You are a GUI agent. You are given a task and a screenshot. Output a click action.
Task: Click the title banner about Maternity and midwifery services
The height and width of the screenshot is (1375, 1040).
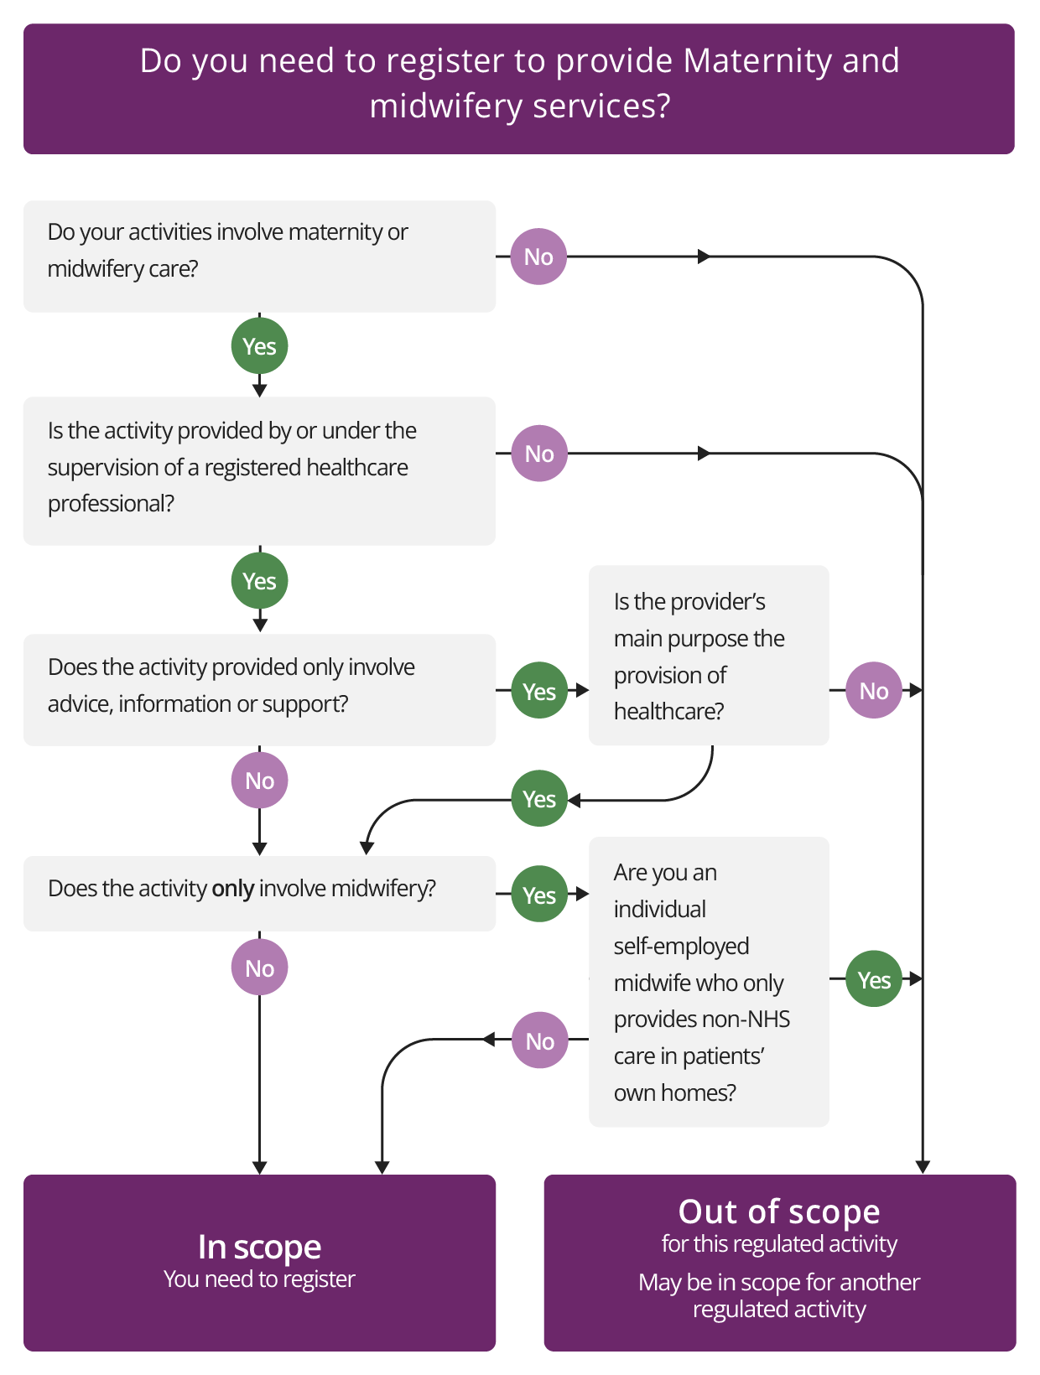[x=519, y=88]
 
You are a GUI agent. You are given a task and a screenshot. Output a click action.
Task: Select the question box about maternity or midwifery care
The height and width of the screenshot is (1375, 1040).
[x=259, y=256]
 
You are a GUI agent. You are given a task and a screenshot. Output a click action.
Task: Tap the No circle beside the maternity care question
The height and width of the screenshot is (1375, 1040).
[x=538, y=257]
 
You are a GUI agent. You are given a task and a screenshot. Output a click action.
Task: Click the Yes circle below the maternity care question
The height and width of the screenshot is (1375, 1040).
[x=259, y=345]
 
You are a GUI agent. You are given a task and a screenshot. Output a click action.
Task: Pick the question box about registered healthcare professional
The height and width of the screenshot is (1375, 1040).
[x=259, y=470]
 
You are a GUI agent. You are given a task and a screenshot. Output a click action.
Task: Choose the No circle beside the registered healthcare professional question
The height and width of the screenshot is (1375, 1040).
[x=539, y=454]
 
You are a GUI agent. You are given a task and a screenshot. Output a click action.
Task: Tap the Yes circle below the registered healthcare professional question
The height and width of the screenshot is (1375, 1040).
[x=259, y=580]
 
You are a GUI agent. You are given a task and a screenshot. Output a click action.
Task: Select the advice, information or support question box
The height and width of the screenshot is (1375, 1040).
[x=259, y=689]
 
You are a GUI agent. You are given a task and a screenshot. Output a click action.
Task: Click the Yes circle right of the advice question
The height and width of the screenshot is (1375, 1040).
[x=539, y=691]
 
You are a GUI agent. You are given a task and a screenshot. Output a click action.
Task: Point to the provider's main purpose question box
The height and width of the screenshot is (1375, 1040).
[x=709, y=656]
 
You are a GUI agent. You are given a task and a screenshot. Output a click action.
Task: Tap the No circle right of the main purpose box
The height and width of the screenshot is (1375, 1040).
[x=873, y=690]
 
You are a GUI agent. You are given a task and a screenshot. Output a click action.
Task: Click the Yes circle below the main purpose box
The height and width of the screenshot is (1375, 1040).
[x=539, y=799]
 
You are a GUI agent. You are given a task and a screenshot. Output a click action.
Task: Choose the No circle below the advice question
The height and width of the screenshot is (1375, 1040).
[x=259, y=781]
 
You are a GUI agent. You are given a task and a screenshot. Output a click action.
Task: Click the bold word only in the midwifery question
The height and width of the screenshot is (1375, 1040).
[x=232, y=889]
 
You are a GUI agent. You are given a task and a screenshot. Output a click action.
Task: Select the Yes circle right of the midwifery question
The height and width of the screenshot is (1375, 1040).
[x=539, y=895]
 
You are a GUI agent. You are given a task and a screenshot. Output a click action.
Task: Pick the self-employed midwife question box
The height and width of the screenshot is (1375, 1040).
[x=709, y=982]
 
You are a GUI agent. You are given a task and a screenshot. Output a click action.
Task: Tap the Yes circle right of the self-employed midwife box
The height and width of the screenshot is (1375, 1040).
[x=873, y=979]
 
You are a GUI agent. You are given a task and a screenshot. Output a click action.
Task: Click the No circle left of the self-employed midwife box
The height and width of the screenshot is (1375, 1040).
[x=539, y=1040]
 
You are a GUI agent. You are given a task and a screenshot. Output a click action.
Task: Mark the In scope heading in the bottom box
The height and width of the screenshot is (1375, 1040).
[x=259, y=1247]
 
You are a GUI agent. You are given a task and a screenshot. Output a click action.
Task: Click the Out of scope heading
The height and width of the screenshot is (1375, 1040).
[x=779, y=1212]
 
